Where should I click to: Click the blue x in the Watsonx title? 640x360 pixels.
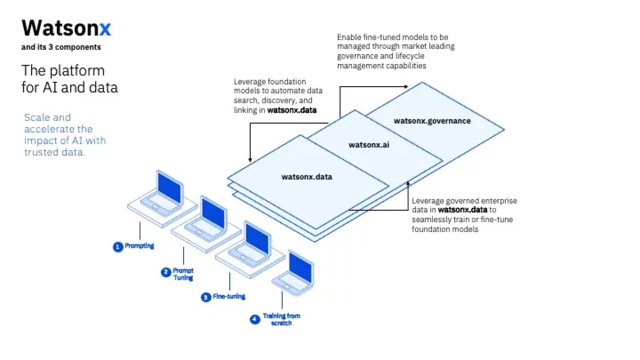click(x=105, y=29)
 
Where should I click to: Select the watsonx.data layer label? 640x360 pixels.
click(x=307, y=177)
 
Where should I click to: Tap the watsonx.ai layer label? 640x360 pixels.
click(x=369, y=145)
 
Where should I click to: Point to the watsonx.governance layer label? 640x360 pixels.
click(x=432, y=121)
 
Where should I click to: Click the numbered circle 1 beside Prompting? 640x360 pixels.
click(x=118, y=247)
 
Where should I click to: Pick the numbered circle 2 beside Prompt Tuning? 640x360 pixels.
click(x=166, y=272)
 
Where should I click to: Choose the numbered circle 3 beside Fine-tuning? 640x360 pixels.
click(x=206, y=297)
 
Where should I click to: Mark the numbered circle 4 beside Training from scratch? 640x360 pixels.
click(x=255, y=319)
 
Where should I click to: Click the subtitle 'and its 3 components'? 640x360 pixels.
click(x=61, y=47)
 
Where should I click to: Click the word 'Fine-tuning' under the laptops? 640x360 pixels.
click(x=229, y=297)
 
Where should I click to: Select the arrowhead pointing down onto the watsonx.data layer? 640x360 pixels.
click(x=250, y=160)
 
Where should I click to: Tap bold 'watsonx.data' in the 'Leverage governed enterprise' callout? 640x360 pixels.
click(x=462, y=210)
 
